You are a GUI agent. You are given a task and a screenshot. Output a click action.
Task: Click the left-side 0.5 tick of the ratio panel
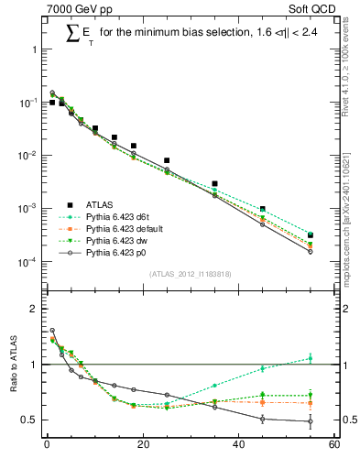[31, 420]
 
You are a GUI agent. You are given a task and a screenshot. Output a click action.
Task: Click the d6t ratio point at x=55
[311, 358]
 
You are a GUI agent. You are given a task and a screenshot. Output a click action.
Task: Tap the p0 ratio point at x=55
[311, 421]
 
